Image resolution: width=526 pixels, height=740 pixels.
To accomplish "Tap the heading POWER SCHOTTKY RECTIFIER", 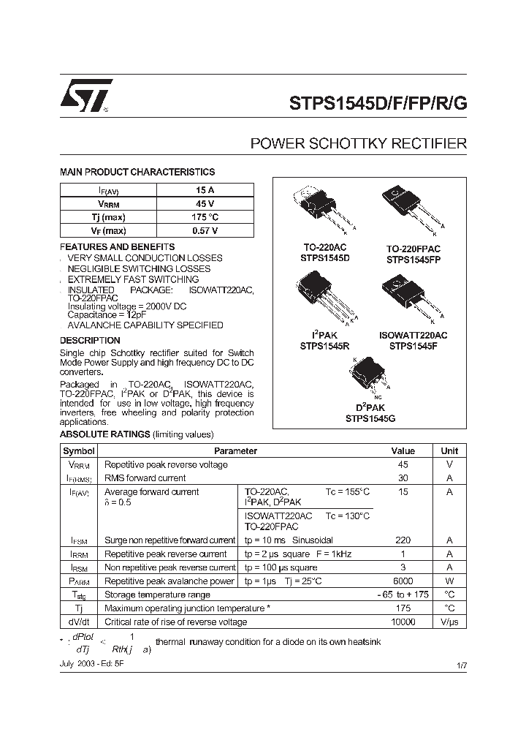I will pos(358,143).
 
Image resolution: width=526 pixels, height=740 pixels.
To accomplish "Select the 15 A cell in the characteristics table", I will pos(205,190).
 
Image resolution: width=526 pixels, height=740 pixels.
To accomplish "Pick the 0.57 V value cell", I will pos(205,230).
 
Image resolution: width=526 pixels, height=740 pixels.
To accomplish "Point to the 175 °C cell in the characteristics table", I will pos(205,217).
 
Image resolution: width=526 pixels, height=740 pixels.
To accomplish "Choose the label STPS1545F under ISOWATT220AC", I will pos(413,345).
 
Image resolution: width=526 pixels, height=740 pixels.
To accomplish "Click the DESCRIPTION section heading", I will pos(90,340).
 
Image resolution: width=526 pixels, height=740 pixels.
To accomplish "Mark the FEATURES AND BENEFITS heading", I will pos(117,247).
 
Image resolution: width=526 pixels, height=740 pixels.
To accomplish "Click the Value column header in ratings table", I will pos(403,451).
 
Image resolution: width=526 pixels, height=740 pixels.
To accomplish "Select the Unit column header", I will pos(449,451).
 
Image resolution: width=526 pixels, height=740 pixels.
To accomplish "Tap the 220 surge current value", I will pos(403,540).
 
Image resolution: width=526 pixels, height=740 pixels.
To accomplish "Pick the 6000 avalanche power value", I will pos(403,581).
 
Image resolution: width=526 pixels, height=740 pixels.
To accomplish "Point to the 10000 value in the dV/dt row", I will pos(403,622).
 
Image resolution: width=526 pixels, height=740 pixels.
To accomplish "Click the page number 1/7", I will pos(461,665).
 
